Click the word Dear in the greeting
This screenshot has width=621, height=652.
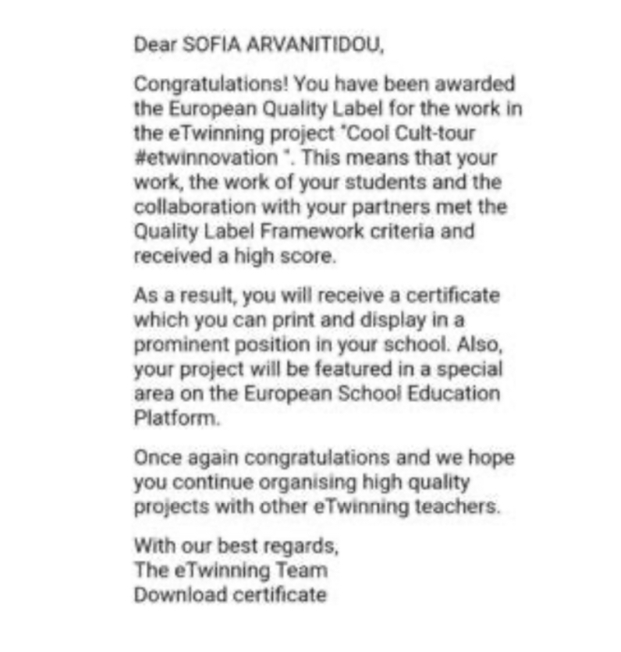point(154,44)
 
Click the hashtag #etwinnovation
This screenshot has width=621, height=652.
point(205,157)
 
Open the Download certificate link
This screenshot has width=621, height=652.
point(230,595)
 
